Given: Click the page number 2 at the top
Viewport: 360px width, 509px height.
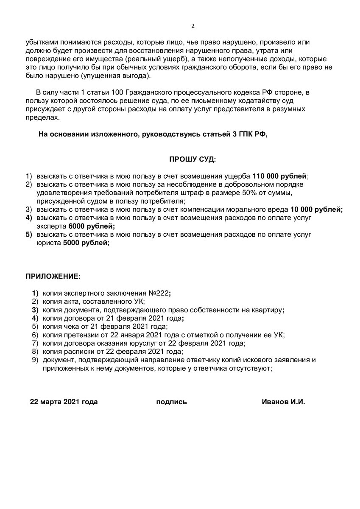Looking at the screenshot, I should [193, 26].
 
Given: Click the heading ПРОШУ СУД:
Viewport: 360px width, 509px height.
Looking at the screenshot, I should [193, 159].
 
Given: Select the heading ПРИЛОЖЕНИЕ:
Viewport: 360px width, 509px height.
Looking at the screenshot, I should [53, 276].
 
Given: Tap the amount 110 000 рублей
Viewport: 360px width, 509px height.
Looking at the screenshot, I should [280, 176].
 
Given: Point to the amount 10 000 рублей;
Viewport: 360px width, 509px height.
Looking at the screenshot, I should [316, 210].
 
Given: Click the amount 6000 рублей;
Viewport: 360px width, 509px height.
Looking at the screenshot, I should [89, 226].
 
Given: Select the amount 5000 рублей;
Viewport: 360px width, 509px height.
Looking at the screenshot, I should [86, 243].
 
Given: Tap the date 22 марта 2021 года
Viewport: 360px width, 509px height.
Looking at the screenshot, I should [64, 402].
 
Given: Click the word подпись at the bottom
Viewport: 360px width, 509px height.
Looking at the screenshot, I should [171, 402].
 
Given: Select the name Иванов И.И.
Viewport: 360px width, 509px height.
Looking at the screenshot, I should [283, 402].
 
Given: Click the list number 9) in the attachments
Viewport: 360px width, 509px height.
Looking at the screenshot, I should [35, 360].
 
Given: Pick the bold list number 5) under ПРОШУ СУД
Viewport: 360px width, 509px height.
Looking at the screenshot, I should [29, 235].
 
